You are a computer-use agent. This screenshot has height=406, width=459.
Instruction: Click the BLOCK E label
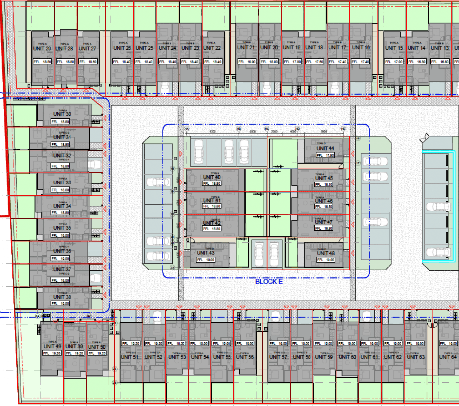point(269,281)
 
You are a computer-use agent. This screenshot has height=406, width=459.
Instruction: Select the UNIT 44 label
point(325,148)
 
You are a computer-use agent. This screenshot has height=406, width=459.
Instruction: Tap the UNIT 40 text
point(211,177)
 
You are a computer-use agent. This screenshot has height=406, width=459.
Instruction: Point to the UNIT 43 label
point(206,253)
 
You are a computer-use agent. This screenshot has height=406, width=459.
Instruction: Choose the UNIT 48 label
point(326,253)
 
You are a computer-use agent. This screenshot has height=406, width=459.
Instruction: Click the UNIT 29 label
point(42,49)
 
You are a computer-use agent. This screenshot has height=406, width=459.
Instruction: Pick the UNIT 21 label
point(246,47)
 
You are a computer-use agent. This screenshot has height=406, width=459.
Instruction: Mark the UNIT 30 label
point(62,114)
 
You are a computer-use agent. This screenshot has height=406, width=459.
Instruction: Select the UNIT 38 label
point(62,297)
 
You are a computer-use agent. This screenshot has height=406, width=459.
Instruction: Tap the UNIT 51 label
point(130,357)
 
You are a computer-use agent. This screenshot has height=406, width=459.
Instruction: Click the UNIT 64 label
point(448,357)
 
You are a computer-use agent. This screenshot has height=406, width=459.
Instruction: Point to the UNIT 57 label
point(278,357)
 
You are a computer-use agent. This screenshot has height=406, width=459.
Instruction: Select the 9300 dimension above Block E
point(212,132)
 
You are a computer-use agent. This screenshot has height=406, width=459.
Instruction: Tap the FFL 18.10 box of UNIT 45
point(324,185)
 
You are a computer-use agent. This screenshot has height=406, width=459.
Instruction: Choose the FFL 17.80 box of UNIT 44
point(325,155)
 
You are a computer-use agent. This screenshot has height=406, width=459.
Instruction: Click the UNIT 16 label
point(361,47)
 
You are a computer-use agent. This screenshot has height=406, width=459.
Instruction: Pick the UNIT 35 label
point(62,228)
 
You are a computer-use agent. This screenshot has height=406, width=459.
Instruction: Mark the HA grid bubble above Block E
point(187,129)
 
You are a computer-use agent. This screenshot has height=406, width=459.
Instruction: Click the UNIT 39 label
point(74,346)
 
